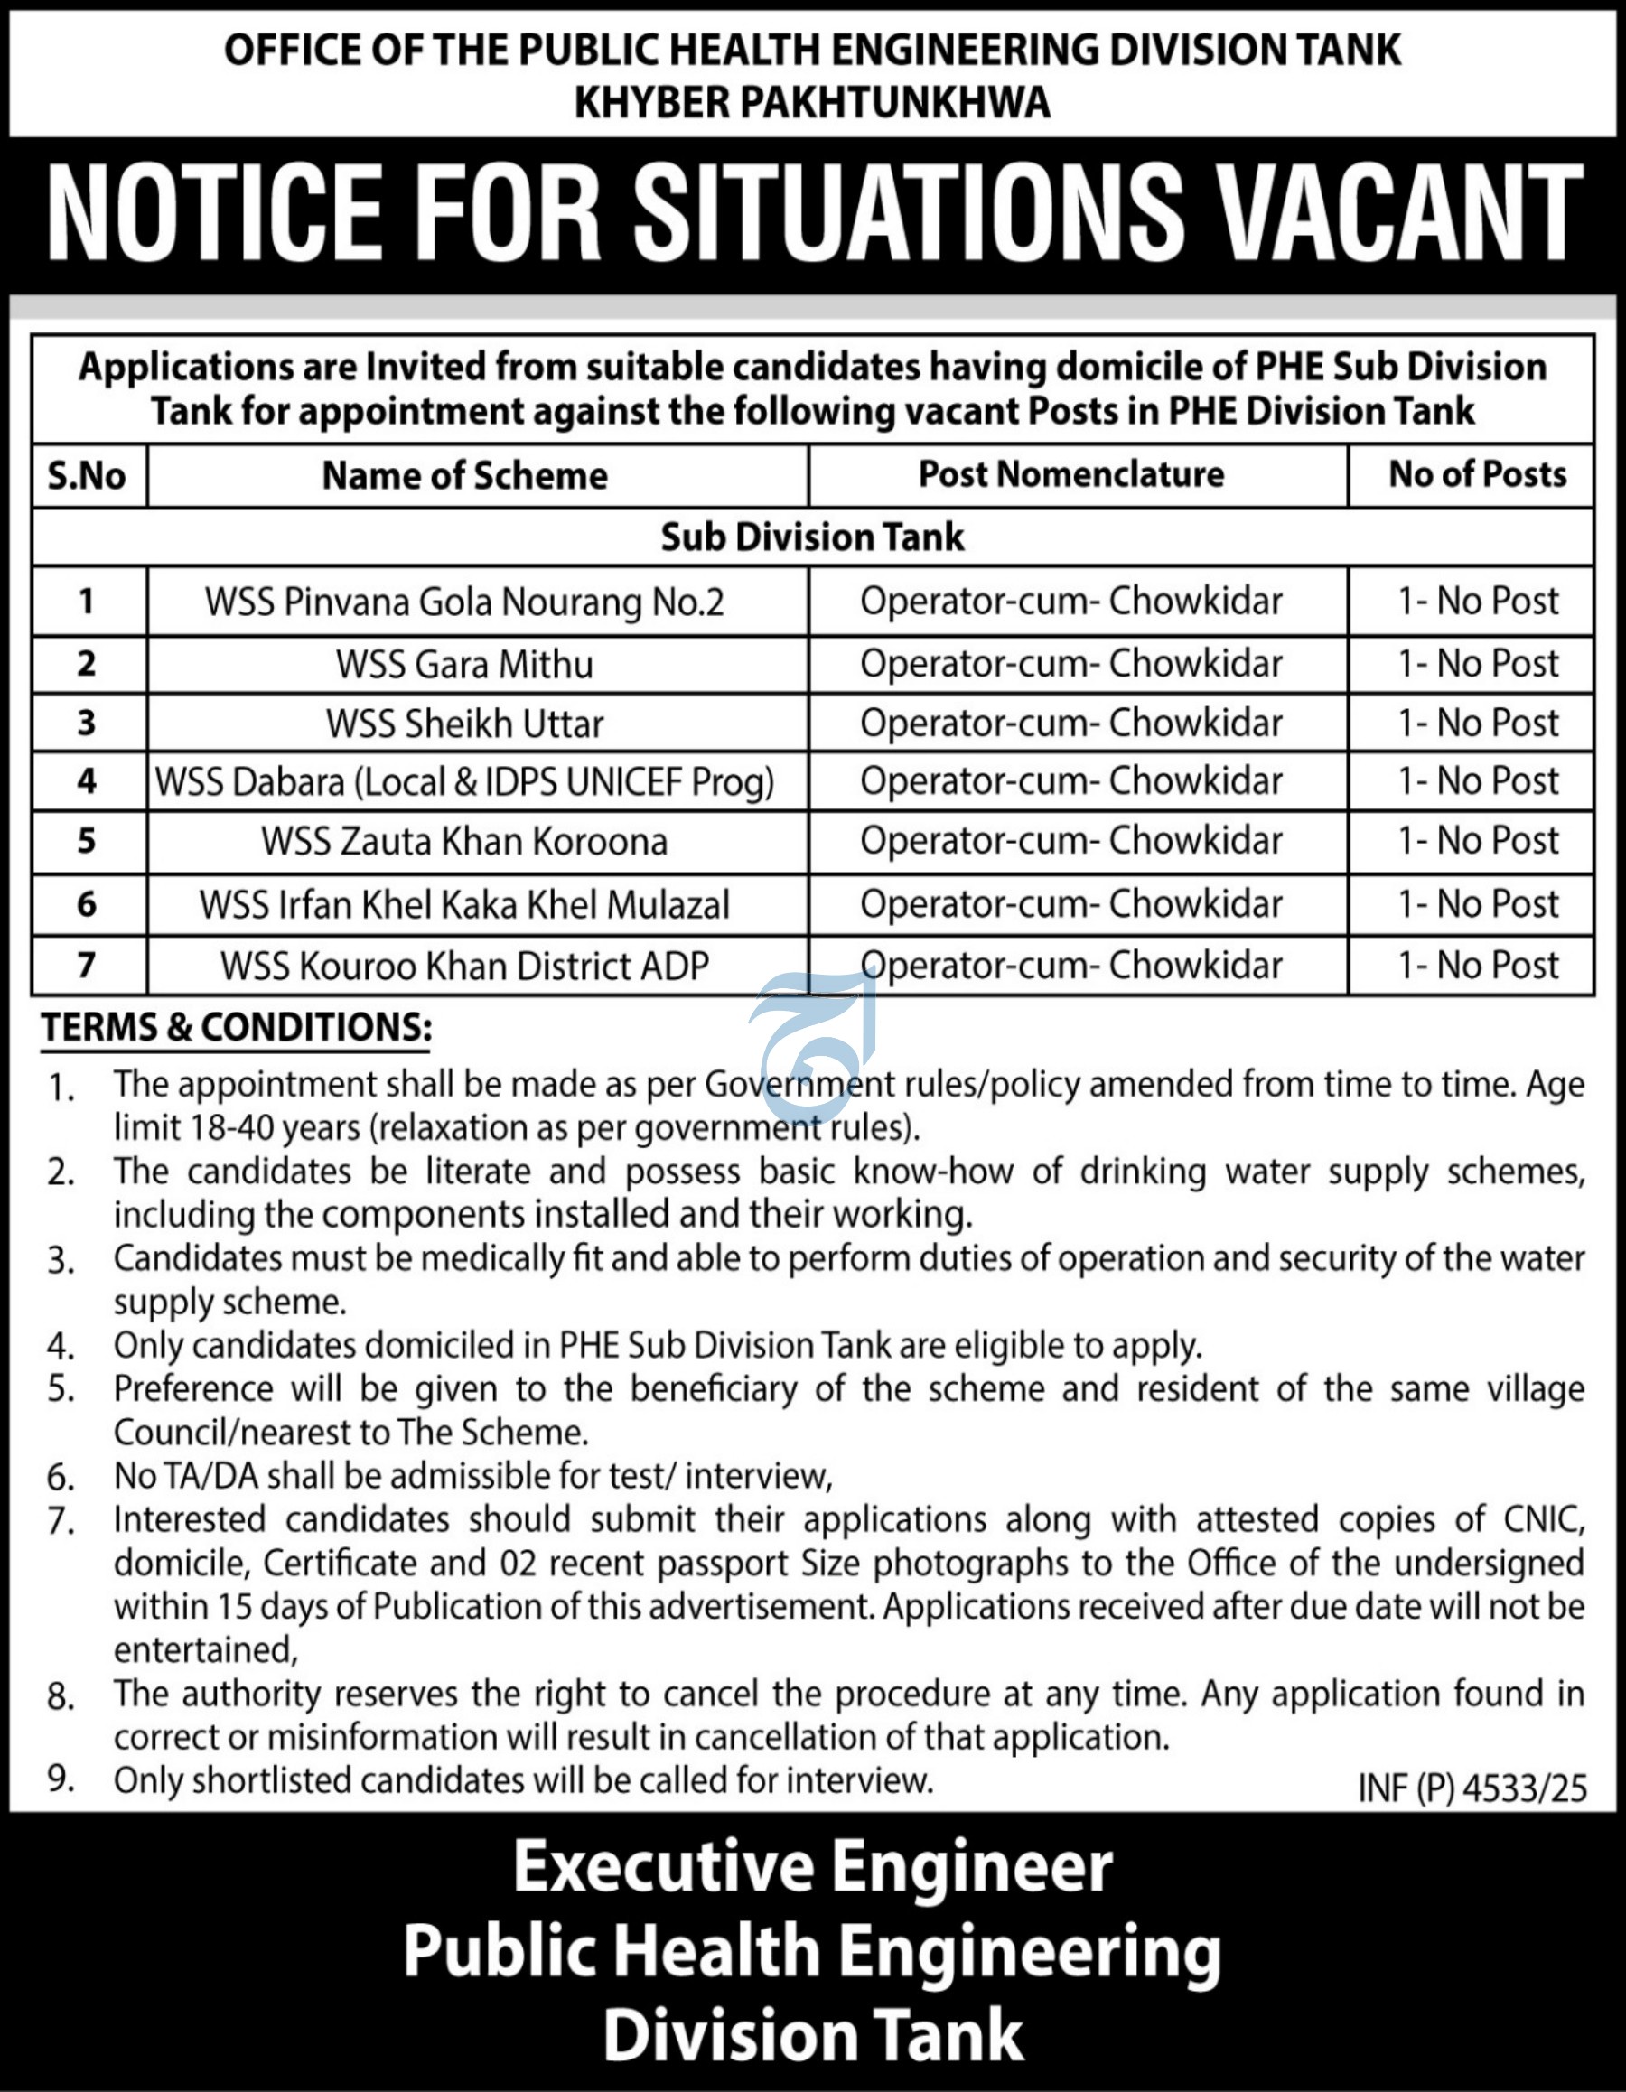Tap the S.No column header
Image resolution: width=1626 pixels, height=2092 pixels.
click(x=88, y=475)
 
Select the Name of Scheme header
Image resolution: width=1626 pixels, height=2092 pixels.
click(x=464, y=475)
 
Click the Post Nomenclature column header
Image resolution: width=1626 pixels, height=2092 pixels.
click(x=1071, y=474)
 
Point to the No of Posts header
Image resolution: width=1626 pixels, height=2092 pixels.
click(x=1478, y=474)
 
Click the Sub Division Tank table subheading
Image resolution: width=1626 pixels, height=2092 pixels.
click(x=812, y=537)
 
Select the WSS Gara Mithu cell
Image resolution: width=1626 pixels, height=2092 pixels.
click(x=464, y=664)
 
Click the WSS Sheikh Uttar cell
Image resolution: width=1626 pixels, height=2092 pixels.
click(x=464, y=724)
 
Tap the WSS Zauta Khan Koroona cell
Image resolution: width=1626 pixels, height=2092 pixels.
click(x=464, y=841)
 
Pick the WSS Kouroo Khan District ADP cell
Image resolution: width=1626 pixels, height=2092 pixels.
click(x=464, y=966)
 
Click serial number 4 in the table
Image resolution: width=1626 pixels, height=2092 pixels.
click(x=88, y=781)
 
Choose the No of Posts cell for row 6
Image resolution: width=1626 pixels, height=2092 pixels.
click(x=1478, y=903)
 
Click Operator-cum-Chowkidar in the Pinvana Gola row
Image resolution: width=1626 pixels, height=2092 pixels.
click(x=1071, y=601)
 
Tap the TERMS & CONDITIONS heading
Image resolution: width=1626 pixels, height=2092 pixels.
click(x=236, y=1027)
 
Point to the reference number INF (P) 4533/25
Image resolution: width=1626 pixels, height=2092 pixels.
click(x=1472, y=1788)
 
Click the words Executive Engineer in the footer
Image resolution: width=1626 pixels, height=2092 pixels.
click(x=812, y=1867)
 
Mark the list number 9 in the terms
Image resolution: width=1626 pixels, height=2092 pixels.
click(x=61, y=1779)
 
